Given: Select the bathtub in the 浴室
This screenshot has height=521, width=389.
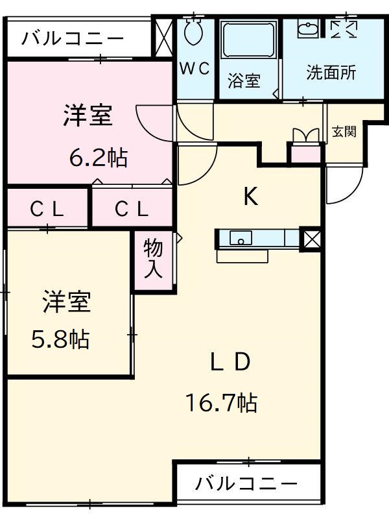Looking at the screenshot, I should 249,40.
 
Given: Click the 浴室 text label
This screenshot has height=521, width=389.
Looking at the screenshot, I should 244,81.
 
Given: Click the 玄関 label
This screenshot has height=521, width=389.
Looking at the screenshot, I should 344,132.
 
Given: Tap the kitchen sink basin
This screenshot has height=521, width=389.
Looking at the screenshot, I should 241,238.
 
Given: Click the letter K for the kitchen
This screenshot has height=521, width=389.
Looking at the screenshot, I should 250,197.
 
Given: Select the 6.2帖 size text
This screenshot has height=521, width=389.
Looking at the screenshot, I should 99,158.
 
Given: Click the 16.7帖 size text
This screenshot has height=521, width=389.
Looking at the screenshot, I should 222,403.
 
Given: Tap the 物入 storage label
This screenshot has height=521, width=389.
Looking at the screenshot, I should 154,258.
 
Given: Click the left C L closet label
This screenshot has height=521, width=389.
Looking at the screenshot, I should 47,209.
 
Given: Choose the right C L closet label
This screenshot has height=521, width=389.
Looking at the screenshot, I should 132,209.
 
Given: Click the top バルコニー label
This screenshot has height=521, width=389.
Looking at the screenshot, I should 73,38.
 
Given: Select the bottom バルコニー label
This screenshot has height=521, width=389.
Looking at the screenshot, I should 246,483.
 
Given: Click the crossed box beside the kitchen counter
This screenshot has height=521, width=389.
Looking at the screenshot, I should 311,239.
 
